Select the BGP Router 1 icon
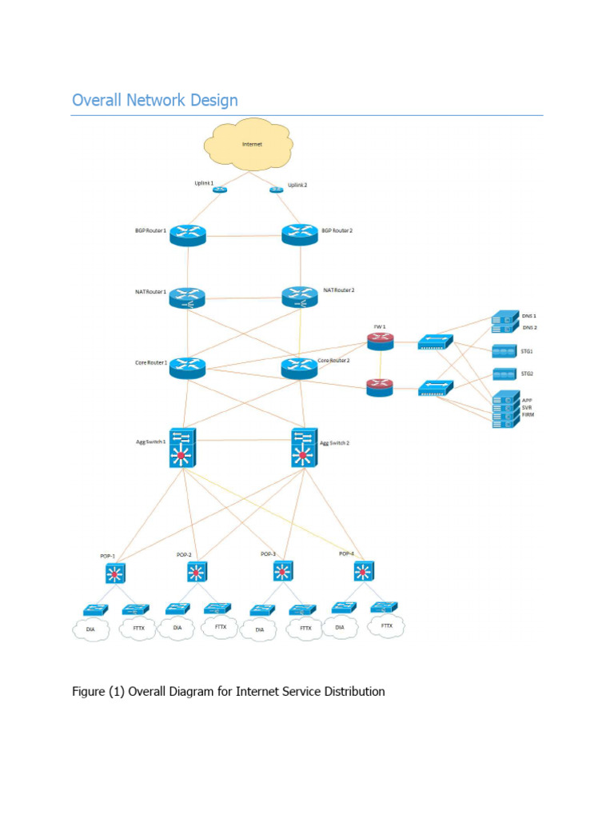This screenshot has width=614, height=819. tap(188, 234)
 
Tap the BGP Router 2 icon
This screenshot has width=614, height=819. tap(300, 234)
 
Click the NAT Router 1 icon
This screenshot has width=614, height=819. tap(188, 298)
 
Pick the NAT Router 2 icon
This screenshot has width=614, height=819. tap(300, 297)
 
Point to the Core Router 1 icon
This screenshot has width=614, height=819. tap(188, 367)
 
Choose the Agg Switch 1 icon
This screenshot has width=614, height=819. tap(182, 447)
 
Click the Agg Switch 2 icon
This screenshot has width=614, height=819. tap(303, 448)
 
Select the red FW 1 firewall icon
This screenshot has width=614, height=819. tap(381, 342)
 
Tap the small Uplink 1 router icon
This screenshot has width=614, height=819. tap(220, 190)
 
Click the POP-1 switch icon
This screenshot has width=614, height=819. tap(117, 572)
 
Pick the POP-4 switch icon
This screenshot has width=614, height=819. tap(364, 570)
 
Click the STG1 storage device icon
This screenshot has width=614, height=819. tap(504, 351)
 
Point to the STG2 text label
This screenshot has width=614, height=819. tap(527, 374)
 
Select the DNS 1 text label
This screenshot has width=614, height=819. tap(529, 317)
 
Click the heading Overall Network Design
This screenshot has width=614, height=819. tap(155, 100)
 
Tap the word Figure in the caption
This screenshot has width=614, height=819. tap(89, 691)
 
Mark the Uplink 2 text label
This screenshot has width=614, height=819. tap(297, 184)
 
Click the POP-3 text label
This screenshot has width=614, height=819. tap(269, 553)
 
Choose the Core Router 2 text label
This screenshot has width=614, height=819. tap(333, 361)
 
